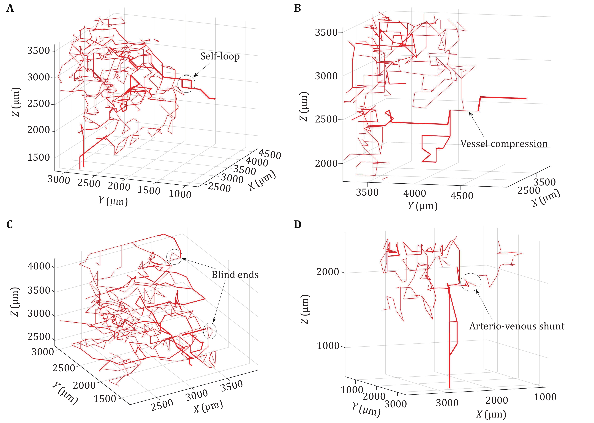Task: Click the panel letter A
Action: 10,9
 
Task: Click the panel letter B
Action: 297,9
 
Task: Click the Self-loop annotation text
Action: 220,56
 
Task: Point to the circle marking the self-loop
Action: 186,84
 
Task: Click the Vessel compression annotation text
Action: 504,144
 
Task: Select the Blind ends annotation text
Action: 235,275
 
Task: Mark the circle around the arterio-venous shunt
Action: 470,282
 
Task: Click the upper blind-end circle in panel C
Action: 174,257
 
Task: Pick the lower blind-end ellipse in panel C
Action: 210,331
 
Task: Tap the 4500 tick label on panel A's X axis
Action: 270,154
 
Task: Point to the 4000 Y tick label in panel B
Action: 415,193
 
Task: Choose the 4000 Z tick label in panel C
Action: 39,266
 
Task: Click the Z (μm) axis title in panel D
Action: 305,309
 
